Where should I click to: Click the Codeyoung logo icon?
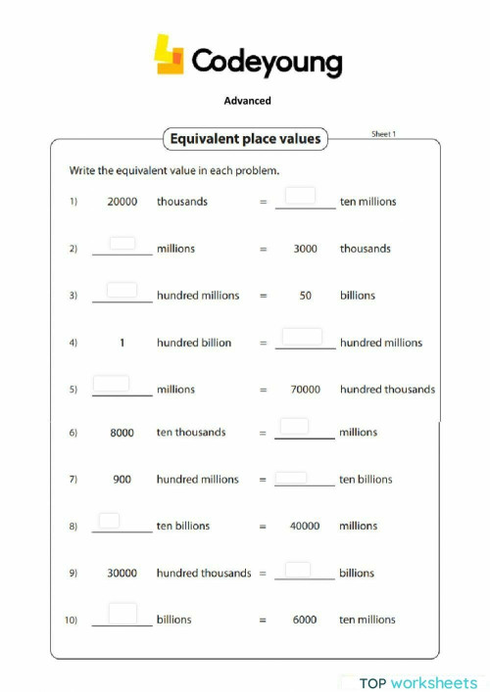pyautogui.click(x=170, y=55)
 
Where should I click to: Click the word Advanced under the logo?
pyautogui.click(x=247, y=100)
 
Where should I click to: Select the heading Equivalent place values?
pyautogui.click(x=245, y=139)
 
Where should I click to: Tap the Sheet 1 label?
pyautogui.click(x=383, y=134)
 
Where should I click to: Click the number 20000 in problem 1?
pyautogui.click(x=122, y=202)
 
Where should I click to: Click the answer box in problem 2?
pyautogui.click(x=122, y=243)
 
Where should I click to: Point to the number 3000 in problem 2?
pyautogui.click(x=305, y=249)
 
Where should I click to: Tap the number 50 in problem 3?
pyautogui.click(x=305, y=296)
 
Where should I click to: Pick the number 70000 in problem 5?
pyautogui.click(x=305, y=390)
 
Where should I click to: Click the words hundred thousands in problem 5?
pyautogui.click(x=387, y=390)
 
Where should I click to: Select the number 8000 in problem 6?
pyautogui.click(x=122, y=433)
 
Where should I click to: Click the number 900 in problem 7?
pyautogui.click(x=122, y=480)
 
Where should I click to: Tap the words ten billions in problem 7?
pyautogui.click(x=366, y=480)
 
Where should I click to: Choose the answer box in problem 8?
pyautogui.click(x=109, y=521)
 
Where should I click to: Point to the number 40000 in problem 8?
pyautogui.click(x=305, y=527)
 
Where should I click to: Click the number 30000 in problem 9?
pyautogui.click(x=122, y=574)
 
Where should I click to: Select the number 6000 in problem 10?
pyautogui.click(x=305, y=620)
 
